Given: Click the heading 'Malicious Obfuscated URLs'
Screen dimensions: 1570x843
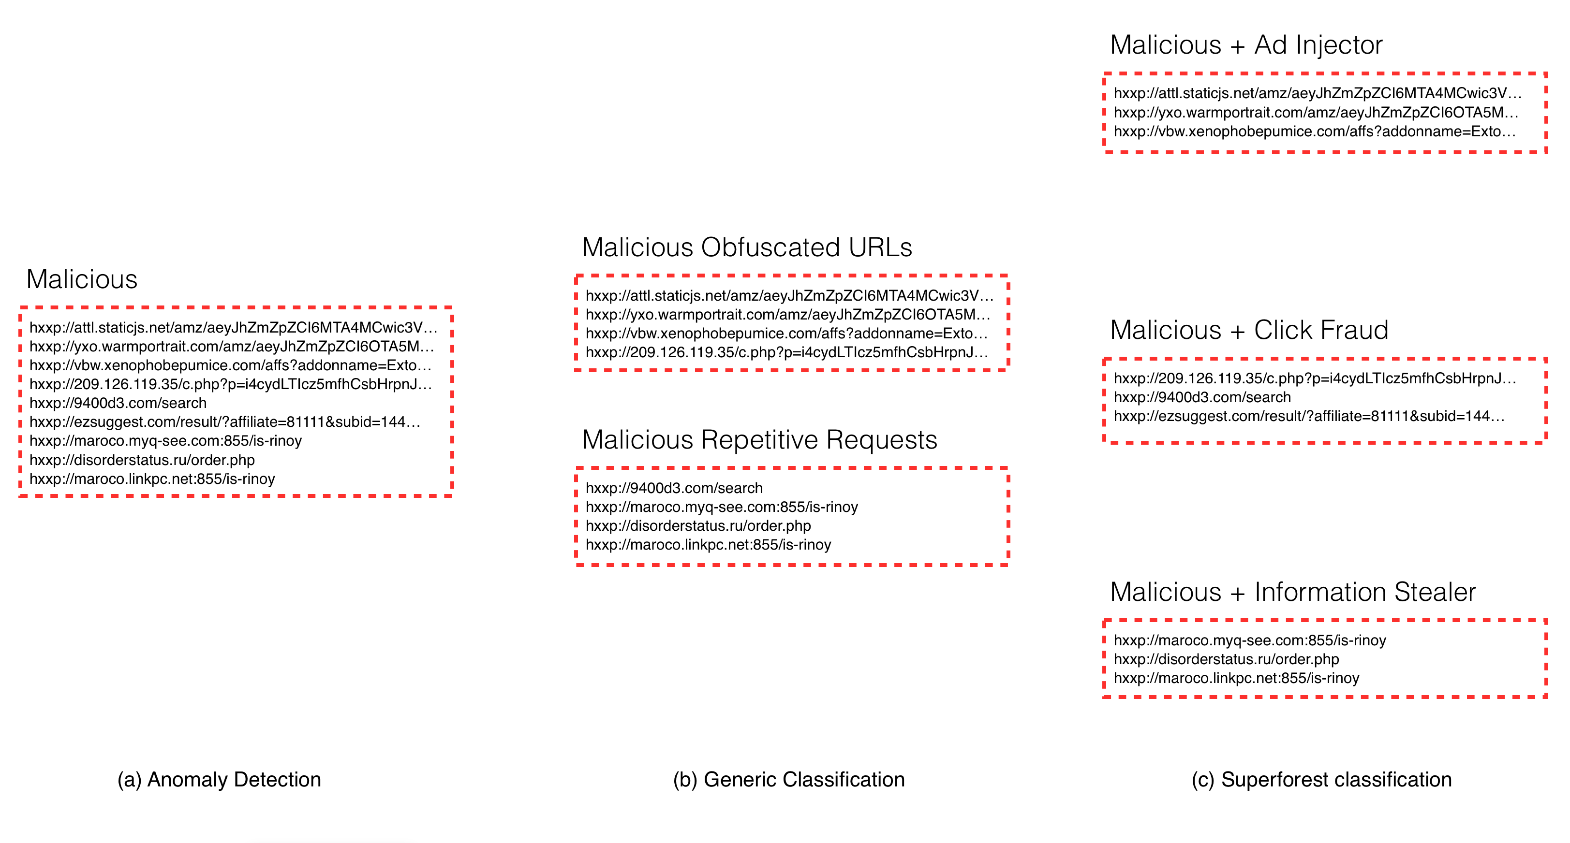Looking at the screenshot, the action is [747, 247].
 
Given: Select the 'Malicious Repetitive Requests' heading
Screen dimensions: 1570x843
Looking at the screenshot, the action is [759, 440].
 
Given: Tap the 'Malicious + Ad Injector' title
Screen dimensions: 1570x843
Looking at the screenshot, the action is [1246, 45].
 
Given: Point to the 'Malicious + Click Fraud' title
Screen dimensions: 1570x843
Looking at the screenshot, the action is [1249, 330].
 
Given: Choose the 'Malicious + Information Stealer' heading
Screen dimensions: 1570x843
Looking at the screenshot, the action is [1293, 592].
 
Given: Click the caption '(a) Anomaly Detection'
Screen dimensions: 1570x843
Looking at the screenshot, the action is [220, 780].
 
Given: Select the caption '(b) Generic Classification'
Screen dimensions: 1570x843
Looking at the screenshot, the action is [789, 780].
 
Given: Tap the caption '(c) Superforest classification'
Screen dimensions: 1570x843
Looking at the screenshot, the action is [1321, 780].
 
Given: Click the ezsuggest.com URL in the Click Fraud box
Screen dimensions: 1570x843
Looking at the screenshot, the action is [1309, 416].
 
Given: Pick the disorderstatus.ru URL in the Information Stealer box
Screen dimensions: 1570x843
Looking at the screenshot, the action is [1226, 659].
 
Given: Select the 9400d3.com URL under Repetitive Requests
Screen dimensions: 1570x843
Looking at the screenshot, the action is [674, 488].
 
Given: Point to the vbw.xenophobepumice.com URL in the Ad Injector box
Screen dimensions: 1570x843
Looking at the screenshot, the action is [1315, 131].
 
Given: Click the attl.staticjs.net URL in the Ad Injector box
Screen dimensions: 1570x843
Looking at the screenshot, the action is [1318, 93].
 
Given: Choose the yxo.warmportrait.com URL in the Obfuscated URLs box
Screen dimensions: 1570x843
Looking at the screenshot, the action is [788, 314].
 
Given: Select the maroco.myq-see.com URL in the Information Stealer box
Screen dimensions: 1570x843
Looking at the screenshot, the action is [1250, 640].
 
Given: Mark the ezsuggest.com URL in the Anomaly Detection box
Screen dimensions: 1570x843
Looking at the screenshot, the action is [225, 421].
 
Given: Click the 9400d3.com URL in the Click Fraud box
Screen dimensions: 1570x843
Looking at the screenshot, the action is [1202, 397].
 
